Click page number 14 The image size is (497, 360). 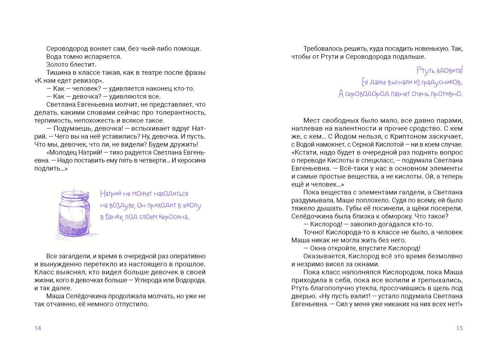tap(38, 328)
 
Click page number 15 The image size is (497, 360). tap(459, 328)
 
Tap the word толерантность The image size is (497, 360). tap(184, 112)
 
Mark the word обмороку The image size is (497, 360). tap(385, 216)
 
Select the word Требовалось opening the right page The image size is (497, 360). tap(323, 49)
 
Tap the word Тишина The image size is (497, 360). tap(58, 73)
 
